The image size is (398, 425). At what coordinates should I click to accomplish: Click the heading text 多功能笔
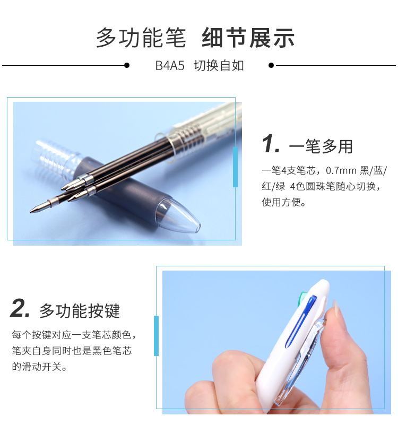(141, 38)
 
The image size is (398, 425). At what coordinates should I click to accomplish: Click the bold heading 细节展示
(248, 38)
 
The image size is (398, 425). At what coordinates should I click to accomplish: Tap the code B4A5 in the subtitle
(170, 66)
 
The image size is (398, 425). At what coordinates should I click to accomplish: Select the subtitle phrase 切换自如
(219, 66)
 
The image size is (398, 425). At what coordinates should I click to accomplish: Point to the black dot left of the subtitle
(127, 65)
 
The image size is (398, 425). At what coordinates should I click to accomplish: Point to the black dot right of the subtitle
(271, 65)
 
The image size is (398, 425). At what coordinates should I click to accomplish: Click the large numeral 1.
(270, 143)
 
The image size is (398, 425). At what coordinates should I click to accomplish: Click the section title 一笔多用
(321, 146)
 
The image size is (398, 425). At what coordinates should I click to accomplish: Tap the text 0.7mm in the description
(341, 171)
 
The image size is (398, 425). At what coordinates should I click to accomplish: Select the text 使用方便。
(283, 202)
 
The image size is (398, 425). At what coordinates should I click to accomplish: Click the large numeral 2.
(20, 308)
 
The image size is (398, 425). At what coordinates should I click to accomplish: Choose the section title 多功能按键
(80, 311)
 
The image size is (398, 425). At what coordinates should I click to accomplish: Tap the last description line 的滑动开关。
(39, 367)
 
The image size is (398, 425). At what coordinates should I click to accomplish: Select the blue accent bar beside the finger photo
(156, 335)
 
